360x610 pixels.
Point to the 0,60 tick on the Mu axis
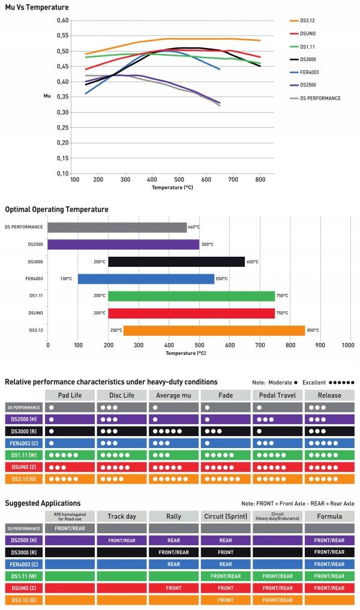[62, 20]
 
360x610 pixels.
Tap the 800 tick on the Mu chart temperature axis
[261, 179]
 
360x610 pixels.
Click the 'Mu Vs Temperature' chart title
[37, 7]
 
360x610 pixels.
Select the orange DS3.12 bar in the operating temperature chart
[214, 330]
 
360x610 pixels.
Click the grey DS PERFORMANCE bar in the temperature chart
[117, 227]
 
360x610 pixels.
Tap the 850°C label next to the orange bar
[313, 330]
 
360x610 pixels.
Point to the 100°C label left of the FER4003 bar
[66, 279]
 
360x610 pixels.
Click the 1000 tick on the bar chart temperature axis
[348, 345]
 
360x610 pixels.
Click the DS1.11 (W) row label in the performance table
[23, 455]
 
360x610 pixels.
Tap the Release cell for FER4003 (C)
[329, 443]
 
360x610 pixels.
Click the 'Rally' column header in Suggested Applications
[173, 516]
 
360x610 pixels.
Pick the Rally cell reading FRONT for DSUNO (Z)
[173, 588]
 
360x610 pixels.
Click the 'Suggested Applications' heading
[43, 503]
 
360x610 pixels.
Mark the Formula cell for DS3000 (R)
[329, 552]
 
